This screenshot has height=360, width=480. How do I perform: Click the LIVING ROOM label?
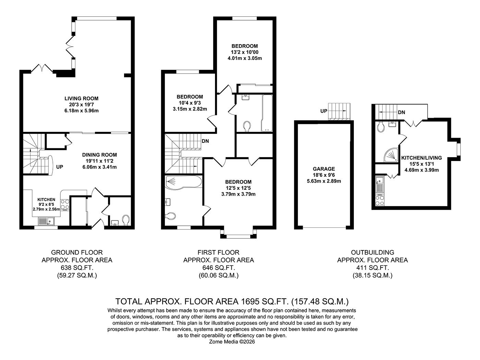pos(81,99)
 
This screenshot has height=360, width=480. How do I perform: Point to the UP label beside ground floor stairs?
pos(59,167)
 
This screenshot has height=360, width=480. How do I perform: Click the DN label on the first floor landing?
pos(205,141)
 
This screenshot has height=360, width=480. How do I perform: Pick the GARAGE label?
pos(324,169)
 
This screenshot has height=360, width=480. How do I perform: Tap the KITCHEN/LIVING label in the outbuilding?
pos(421,158)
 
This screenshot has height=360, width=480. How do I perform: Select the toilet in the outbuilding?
pos(380,127)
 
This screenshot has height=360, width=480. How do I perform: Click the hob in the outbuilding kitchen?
pos(380,200)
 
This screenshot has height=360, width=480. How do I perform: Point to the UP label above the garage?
pos(323,111)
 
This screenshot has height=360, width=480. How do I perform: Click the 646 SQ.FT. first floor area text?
pos(218,268)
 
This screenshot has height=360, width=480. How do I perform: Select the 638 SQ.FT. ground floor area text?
pos(77,268)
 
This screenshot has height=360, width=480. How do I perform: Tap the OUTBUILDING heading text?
pos(372,252)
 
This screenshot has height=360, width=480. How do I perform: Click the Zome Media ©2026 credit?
pos(232,342)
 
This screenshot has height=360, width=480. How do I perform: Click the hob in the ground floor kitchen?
pos(65,204)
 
